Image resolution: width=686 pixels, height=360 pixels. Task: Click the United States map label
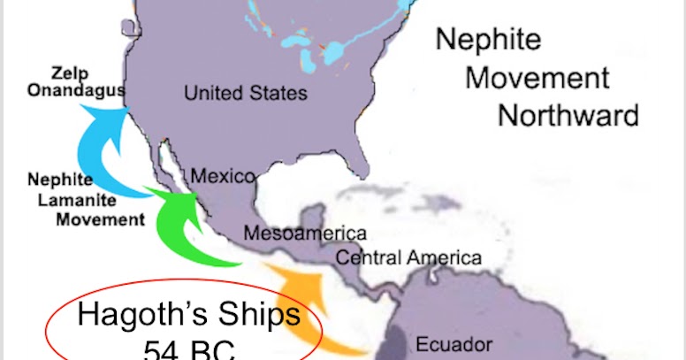[x=246, y=93]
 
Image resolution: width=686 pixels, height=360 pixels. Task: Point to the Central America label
[x=408, y=257]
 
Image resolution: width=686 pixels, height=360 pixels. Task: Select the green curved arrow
[x=177, y=226]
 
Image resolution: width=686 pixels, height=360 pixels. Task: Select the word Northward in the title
[x=568, y=115]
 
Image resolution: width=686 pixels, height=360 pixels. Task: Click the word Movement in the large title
[x=537, y=77]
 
